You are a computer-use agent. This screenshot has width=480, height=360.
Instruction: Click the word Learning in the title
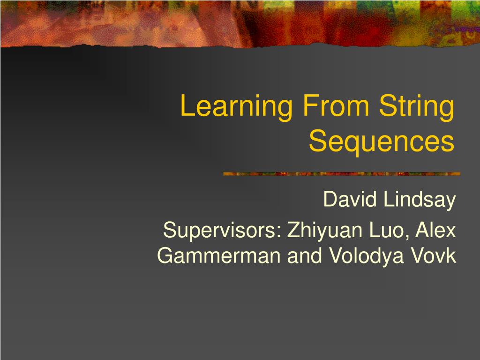(x=236, y=107)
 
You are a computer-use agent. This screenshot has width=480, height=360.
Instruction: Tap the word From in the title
(x=336, y=105)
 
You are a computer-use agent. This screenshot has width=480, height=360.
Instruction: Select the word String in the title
(x=417, y=107)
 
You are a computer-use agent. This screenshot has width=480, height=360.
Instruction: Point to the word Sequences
(x=382, y=142)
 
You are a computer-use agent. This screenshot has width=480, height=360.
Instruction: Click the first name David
(x=350, y=199)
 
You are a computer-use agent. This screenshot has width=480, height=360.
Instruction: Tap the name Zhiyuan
(x=325, y=231)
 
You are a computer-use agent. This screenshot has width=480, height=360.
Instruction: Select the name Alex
(x=435, y=230)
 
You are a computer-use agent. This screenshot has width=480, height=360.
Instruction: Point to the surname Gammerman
(x=218, y=255)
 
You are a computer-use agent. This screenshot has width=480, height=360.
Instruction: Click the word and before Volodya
(x=305, y=255)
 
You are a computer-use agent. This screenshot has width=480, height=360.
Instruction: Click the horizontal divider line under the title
(x=342, y=174)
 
